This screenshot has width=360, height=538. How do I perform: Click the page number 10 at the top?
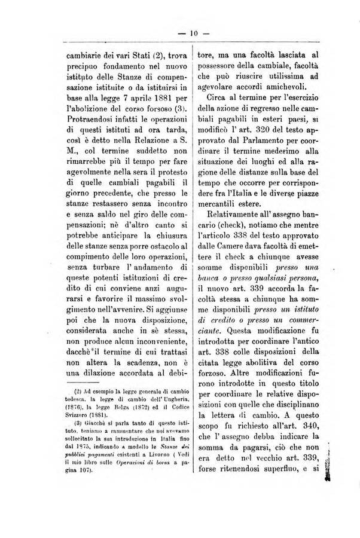(x=180, y=33)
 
